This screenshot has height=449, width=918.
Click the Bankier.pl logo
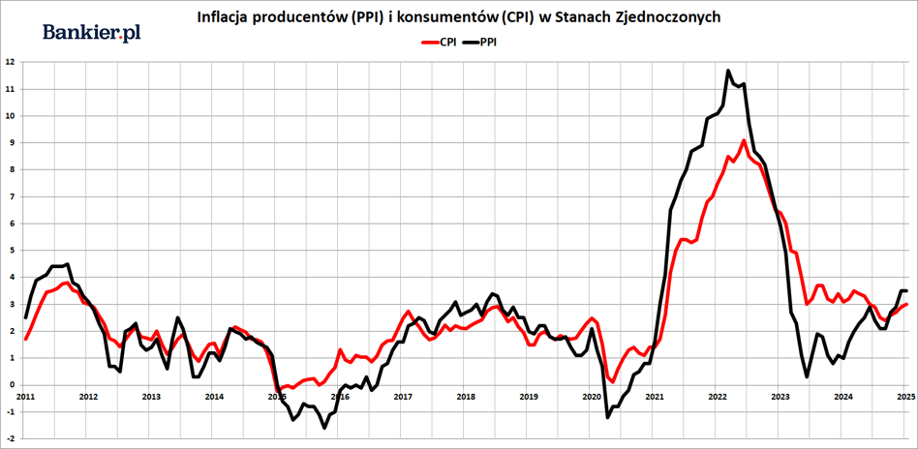tap(92, 33)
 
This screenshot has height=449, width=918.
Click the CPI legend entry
tap(438, 43)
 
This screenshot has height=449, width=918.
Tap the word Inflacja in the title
tap(224, 18)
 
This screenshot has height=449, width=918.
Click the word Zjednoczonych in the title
tap(669, 18)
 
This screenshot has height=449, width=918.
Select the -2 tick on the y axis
tap(9, 438)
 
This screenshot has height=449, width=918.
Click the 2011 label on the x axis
tap(25, 396)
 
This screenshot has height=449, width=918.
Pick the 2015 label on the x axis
tap(277, 396)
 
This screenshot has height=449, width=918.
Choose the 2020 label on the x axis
tap(592, 396)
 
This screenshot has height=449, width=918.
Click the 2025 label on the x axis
tap(905, 396)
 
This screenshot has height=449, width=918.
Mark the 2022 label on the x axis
tap(718, 396)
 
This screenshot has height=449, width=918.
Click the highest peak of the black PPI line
tap(728, 71)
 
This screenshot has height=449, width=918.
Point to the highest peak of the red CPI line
tap(744, 140)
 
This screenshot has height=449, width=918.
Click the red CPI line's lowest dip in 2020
tap(612, 381)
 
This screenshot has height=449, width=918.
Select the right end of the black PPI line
tap(905, 290)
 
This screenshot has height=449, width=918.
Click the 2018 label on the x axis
tap(466, 396)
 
